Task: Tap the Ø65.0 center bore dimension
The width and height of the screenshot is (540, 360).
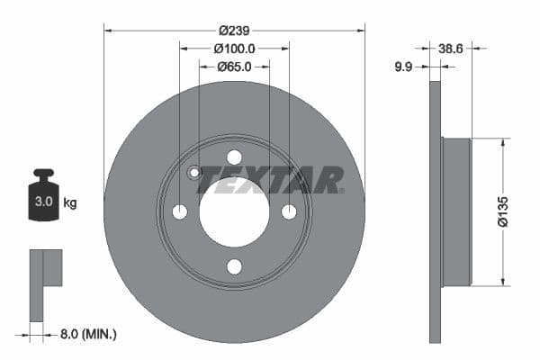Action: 234,67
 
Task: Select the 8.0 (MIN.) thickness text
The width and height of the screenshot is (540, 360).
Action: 86,335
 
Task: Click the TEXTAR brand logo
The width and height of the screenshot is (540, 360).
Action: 270,180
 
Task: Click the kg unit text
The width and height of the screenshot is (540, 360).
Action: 70,202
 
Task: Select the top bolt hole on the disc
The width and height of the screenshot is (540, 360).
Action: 234,157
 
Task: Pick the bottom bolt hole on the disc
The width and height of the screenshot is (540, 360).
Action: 234,266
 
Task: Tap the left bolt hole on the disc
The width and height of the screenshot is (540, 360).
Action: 179,211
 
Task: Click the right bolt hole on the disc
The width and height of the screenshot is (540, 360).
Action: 289,211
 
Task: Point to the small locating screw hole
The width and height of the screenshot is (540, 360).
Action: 193,173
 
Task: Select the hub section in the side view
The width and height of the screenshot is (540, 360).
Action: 457,211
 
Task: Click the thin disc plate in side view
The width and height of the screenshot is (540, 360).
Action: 436,211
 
